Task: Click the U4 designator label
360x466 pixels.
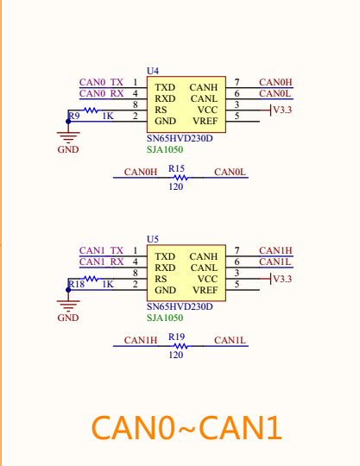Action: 153,70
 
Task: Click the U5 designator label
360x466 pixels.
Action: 153,238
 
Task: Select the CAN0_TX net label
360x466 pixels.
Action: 101,82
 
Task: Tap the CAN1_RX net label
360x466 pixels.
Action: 101,261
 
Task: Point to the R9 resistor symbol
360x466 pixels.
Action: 91,110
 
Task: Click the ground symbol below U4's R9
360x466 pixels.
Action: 68,135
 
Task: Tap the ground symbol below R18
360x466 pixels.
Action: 68,304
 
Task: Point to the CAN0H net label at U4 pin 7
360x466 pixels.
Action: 275,82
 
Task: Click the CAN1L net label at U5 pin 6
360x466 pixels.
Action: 275,261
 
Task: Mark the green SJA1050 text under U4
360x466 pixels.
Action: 164,149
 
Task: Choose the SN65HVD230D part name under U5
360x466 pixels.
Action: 180,306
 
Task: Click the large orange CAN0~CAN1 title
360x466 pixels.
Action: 186,427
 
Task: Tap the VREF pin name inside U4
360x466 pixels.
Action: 205,122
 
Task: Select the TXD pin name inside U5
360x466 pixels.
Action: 165,256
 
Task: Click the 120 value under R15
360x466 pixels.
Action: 176,186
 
